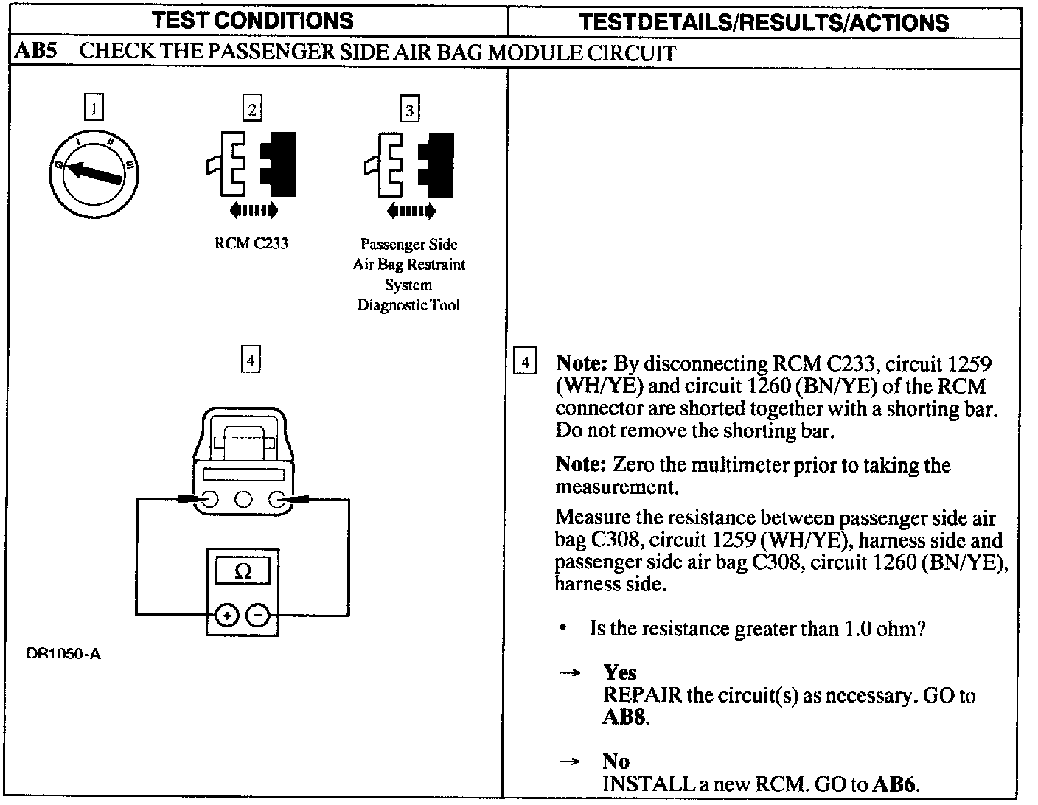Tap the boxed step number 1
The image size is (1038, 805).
point(94,108)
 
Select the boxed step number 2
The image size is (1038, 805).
point(252,108)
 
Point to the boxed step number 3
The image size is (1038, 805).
point(409,110)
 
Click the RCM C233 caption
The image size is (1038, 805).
point(251,244)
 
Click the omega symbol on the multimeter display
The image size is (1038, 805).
point(243,571)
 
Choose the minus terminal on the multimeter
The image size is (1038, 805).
point(257,615)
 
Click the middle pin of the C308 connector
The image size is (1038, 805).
point(243,501)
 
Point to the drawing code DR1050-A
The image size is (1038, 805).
point(63,654)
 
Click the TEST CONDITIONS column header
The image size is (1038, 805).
point(254,20)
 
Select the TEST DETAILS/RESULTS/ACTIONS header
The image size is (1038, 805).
point(764,22)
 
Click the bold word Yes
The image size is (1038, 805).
point(619,672)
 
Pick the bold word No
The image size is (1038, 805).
point(616,761)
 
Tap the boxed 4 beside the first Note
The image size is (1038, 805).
point(525,361)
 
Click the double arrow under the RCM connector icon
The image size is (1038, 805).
point(253,212)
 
